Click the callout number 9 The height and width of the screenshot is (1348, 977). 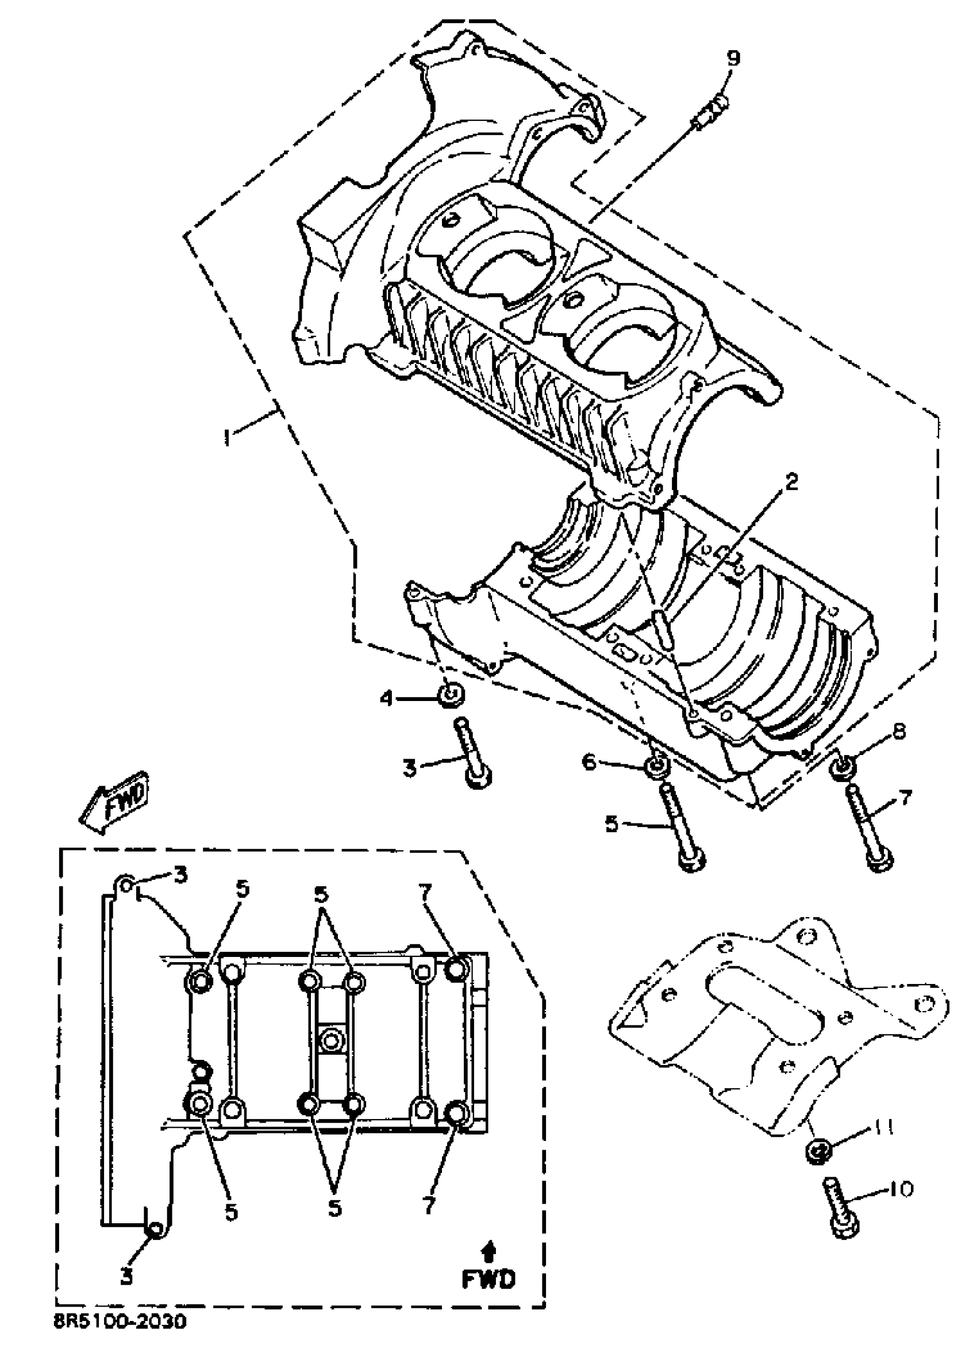[733, 58]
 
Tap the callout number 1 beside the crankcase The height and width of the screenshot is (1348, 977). [226, 439]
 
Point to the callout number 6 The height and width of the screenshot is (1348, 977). [588, 761]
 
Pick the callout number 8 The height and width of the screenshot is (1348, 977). [899, 731]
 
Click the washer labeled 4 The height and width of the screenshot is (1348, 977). [451, 694]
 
